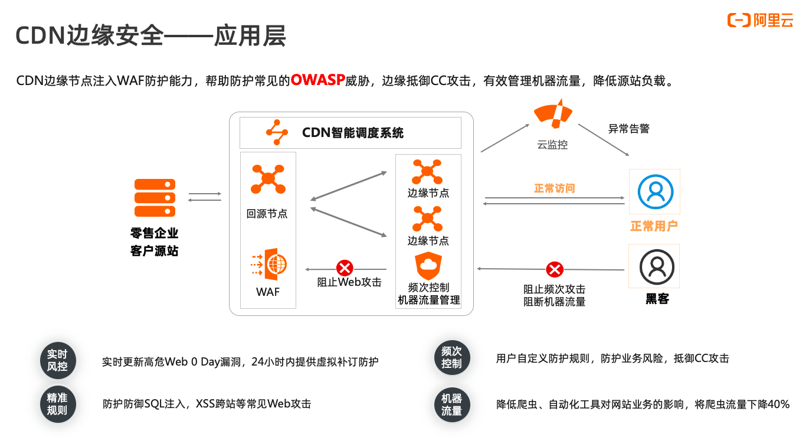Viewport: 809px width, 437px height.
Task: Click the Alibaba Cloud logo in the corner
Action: [x=760, y=20]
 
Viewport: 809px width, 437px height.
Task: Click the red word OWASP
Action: [x=317, y=80]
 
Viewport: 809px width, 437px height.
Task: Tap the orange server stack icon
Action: [x=155, y=198]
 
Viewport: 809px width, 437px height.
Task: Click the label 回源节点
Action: [x=267, y=214]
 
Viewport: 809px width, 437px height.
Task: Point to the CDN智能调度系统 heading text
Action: [x=353, y=132]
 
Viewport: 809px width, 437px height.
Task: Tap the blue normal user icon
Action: [x=655, y=191]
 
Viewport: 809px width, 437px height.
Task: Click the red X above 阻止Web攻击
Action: [x=344, y=268]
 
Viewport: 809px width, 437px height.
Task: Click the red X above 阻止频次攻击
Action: [x=554, y=270]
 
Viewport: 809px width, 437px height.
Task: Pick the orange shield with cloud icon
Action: [x=428, y=266]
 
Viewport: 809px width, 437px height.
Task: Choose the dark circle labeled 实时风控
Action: [x=57, y=360]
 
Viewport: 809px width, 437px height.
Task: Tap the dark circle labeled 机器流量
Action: [x=451, y=405]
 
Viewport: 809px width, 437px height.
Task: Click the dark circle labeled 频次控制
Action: [x=451, y=357]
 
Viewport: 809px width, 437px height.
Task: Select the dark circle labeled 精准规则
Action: [x=57, y=405]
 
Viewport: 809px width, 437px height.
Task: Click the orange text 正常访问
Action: [x=554, y=188]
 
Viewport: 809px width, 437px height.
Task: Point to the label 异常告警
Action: [x=628, y=128]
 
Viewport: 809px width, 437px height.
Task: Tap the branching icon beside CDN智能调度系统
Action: [x=276, y=132]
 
